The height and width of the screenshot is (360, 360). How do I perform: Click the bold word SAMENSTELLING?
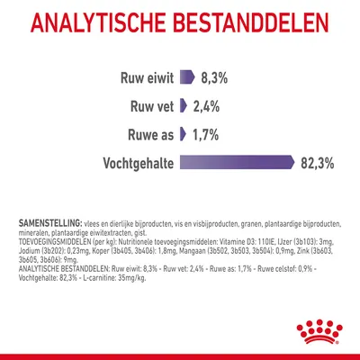[49, 221]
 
